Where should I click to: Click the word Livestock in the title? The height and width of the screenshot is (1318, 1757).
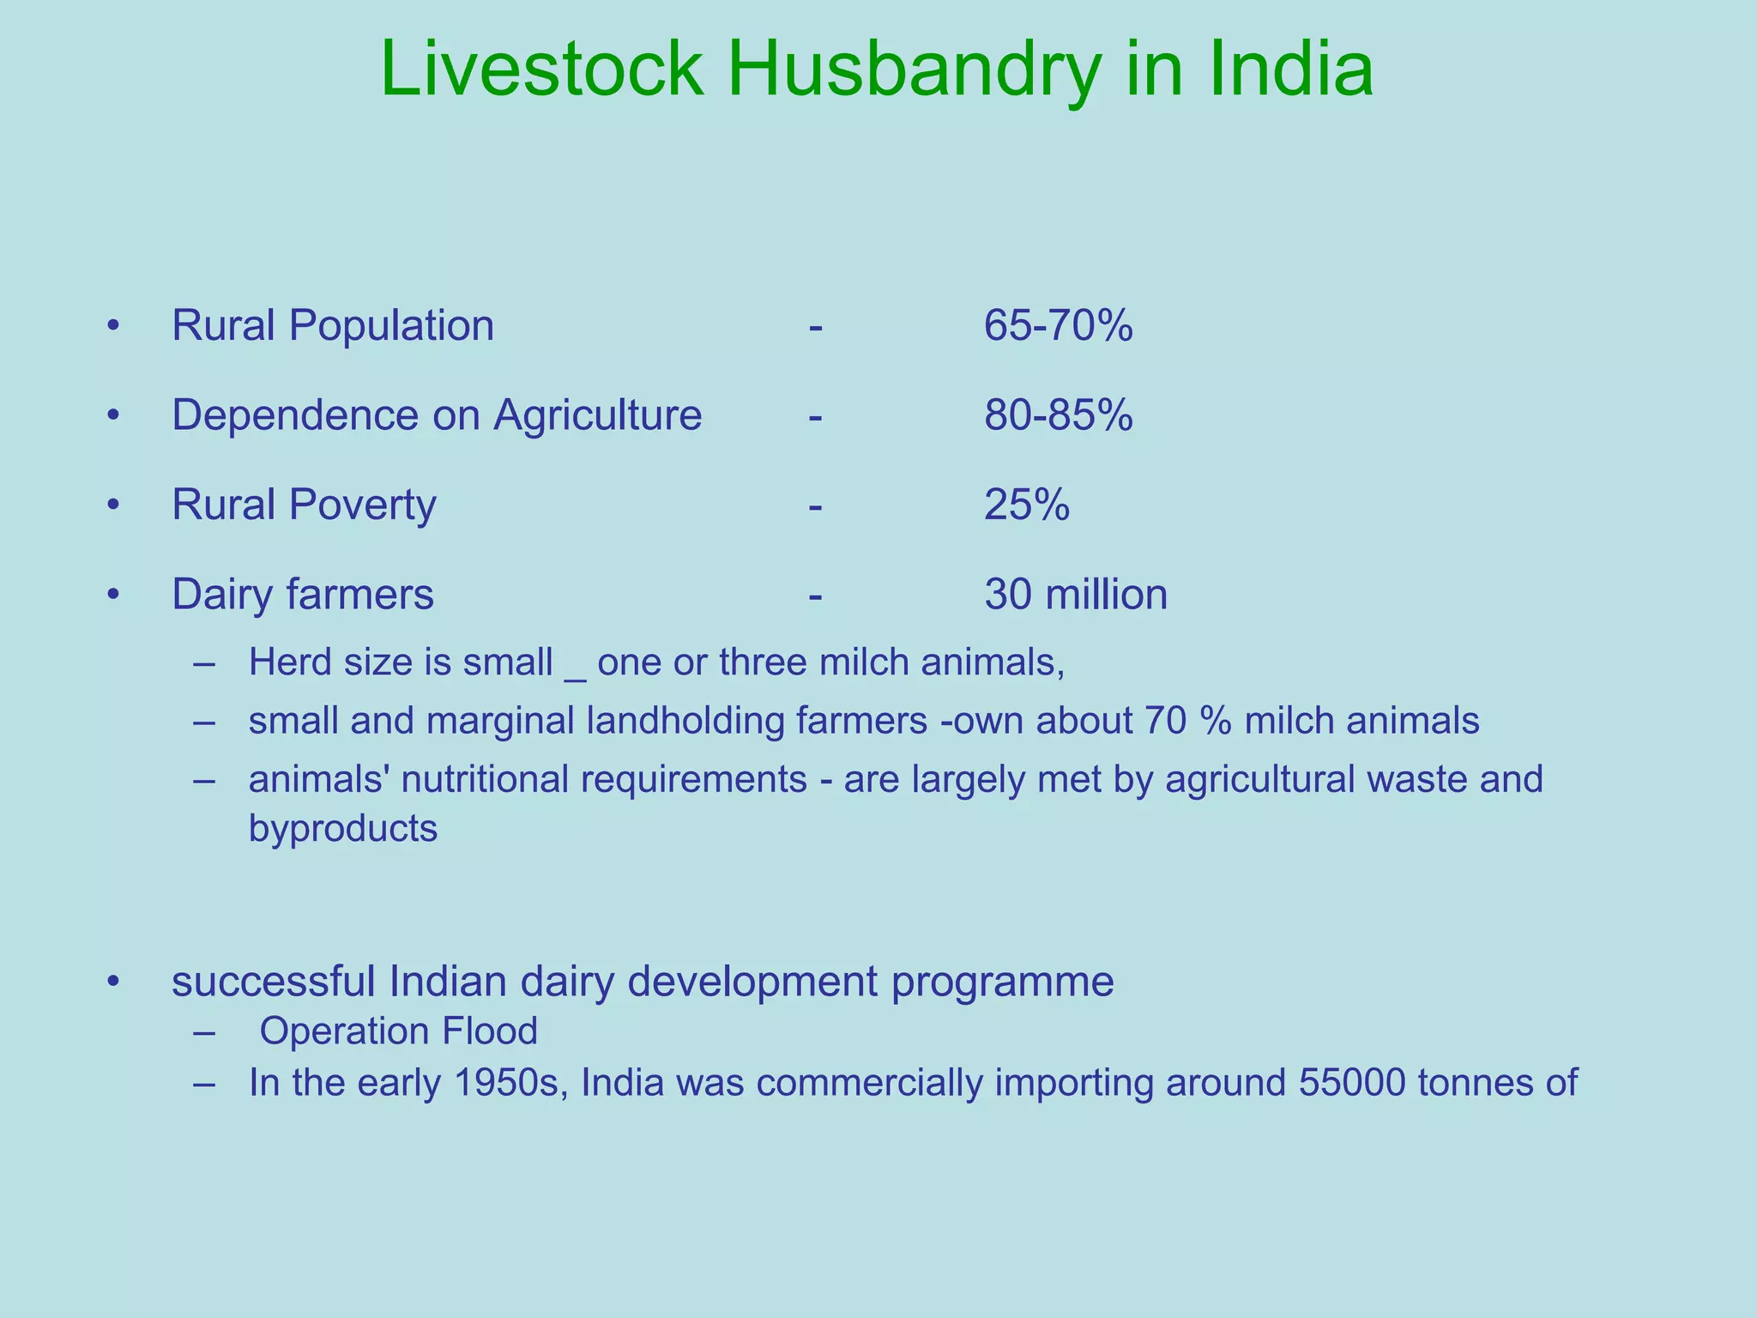pyautogui.click(x=541, y=70)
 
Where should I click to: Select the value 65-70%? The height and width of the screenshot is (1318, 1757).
pyautogui.click(x=1058, y=326)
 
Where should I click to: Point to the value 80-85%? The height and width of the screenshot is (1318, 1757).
pyautogui.click(x=1058, y=415)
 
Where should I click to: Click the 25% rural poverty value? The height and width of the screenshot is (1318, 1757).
pyautogui.click(x=1027, y=505)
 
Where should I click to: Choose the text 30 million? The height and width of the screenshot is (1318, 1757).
pyautogui.click(x=1076, y=594)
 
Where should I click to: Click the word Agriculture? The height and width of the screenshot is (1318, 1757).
pyautogui.click(x=597, y=416)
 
